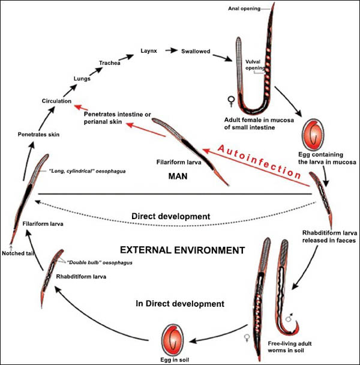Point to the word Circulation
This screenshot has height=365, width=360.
(x=57, y=101)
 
